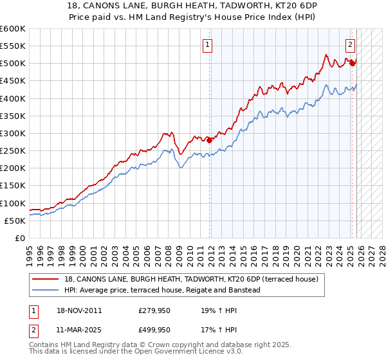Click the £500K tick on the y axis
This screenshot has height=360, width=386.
[13, 64]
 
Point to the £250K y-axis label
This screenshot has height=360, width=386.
[13, 151]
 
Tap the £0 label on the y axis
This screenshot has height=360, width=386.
[20, 239]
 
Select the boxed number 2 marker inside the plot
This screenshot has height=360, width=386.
[351, 45]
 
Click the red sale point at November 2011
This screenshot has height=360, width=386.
[210, 140]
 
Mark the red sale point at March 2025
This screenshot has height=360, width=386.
[352, 63]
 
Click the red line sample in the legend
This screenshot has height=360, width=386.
[46, 280]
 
